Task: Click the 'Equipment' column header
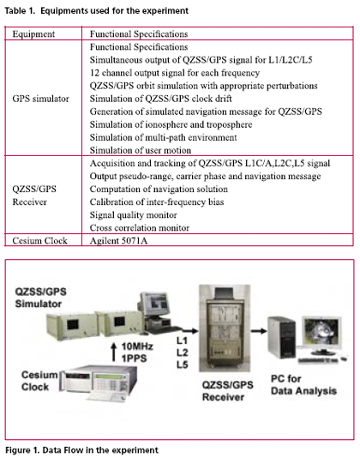(33, 34)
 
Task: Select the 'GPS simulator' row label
(40, 99)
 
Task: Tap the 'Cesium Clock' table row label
(39, 241)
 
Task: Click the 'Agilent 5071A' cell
(118, 241)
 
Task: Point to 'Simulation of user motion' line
(141, 150)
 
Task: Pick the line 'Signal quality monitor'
(133, 215)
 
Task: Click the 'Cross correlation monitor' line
(140, 228)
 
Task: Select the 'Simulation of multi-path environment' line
(163, 137)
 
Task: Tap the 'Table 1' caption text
(96, 11)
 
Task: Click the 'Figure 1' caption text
(81, 450)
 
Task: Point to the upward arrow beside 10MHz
(114, 352)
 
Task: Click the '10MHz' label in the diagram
(137, 347)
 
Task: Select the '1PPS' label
(134, 359)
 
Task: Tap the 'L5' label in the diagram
(183, 365)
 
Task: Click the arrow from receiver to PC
(259, 331)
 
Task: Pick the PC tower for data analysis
(282, 338)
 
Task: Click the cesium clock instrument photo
(98, 382)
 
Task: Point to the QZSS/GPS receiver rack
(225, 328)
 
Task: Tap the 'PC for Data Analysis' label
(303, 385)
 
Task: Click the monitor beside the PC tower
(321, 335)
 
